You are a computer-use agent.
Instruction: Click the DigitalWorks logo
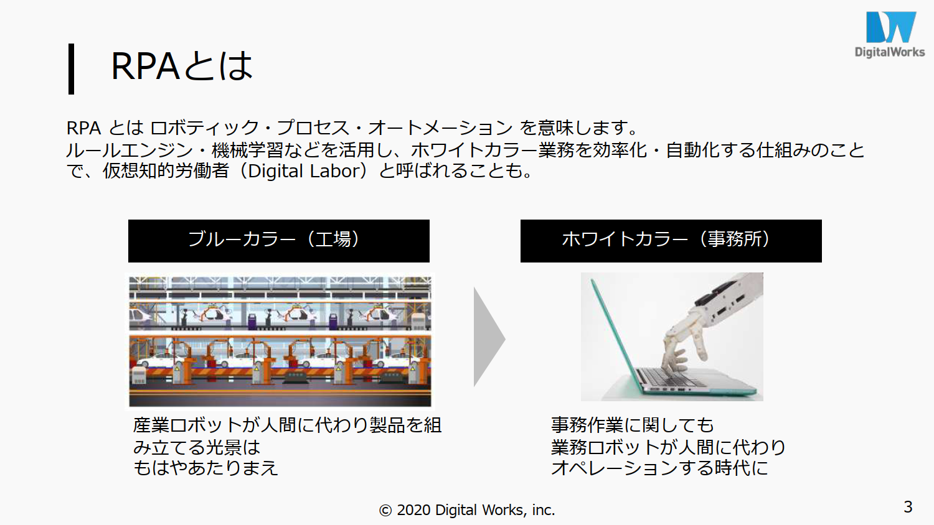(x=889, y=34)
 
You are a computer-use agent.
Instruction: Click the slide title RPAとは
(x=182, y=67)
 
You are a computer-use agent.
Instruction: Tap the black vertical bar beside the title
(x=72, y=69)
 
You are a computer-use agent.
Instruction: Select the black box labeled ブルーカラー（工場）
(x=278, y=241)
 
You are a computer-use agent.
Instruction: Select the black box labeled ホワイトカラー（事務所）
(x=671, y=241)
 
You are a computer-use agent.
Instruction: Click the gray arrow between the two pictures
(x=489, y=337)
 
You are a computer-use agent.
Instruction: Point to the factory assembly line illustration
(x=280, y=341)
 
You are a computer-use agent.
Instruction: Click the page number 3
(x=908, y=507)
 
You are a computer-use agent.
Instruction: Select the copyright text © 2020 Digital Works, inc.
(x=467, y=510)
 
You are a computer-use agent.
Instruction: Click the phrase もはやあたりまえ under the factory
(x=205, y=468)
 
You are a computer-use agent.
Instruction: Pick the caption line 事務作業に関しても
(x=632, y=425)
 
